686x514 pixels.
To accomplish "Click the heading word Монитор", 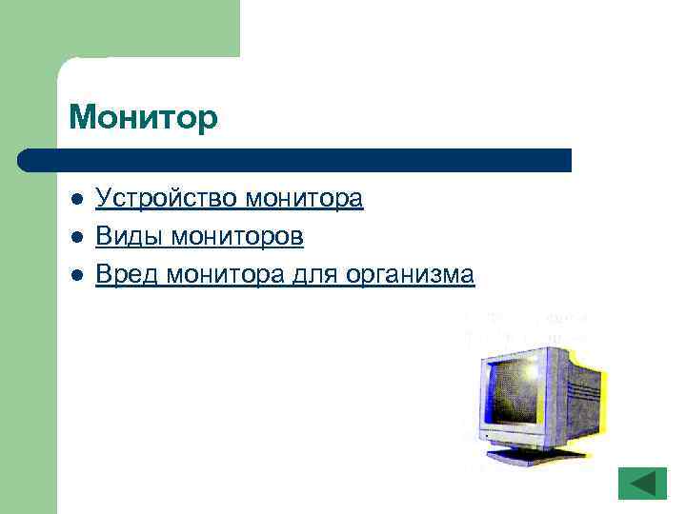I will coord(144,118).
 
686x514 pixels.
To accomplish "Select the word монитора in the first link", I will coord(304,199).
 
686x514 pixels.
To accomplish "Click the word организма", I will coord(411,275).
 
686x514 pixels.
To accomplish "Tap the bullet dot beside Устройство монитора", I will coord(77,200).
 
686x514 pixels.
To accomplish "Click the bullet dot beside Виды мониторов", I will coord(77,238).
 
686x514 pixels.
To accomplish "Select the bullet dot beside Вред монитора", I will coord(77,276).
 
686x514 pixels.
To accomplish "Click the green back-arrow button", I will coord(642,483).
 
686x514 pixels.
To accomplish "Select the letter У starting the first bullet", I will coord(103,199).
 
